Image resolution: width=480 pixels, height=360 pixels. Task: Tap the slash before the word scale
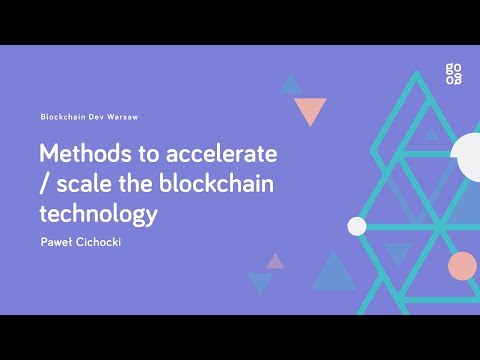[45, 185]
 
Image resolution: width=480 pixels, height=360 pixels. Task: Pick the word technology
[99, 213]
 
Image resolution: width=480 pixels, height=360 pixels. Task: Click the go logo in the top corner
[456, 74]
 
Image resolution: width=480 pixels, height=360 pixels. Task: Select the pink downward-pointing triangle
[311, 110]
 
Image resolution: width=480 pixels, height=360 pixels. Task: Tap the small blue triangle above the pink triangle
[291, 83]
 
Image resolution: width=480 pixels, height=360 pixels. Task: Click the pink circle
[462, 266]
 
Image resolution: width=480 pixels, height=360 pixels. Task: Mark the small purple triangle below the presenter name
[275, 261]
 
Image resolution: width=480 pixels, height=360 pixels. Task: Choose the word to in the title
[155, 155]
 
